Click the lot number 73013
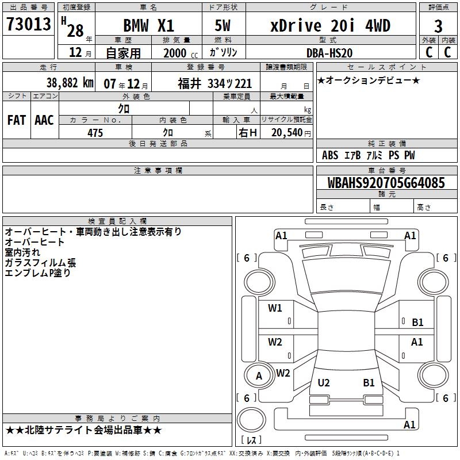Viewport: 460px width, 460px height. (x=28, y=24)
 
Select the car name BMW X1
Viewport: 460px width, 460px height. (x=148, y=25)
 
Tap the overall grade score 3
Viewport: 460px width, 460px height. (x=438, y=26)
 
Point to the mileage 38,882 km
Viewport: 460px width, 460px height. (x=70, y=83)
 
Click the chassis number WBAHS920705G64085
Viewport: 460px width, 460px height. (x=386, y=183)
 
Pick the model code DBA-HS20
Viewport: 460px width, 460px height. (x=329, y=53)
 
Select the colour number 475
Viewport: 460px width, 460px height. (x=95, y=133)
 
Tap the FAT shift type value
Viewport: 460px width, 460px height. (x=17, y=120)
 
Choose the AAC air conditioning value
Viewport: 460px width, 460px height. (x=44, y=120)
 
